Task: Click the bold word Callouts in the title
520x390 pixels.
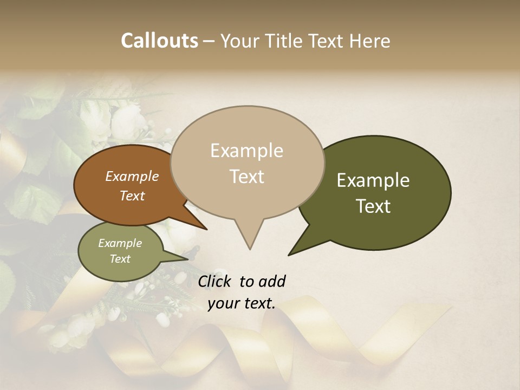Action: coord(159,41)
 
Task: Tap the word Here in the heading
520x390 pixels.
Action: coord(369,41)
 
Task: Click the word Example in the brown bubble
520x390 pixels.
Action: coord(132,177)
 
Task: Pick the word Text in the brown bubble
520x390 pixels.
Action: coord(132,196)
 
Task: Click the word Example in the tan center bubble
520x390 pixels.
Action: coord(246,151)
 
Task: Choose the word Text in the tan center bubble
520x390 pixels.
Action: coord(246,177)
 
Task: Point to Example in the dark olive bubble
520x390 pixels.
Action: coord(373,180)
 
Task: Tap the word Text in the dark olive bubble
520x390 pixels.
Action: coord(373,206)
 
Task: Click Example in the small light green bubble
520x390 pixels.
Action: coord(120,243)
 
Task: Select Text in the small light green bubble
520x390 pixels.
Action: coord(120,259)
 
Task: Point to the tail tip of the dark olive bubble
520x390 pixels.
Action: coord(289,254)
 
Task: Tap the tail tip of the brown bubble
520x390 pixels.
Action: coord(206,229)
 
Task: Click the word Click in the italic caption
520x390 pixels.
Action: coord(214,281)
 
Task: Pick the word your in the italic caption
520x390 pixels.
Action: coord(222,304)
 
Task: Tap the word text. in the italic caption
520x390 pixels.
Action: coord(257,304)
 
